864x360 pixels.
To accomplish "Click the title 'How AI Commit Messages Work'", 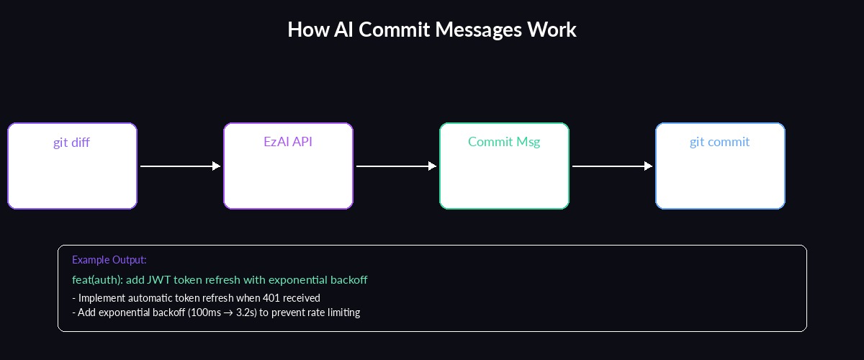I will coord(432,30).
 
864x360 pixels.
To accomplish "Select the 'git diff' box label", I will coord(71,143).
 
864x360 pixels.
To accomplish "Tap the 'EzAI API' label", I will coord(288,142).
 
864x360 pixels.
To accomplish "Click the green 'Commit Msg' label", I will coord(504,142).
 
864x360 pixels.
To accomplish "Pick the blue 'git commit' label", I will coord(719,142).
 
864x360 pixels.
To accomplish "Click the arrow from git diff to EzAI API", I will coord(180,166).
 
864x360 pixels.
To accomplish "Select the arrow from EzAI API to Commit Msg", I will coord(396,166).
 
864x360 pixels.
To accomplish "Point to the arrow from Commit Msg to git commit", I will coord(612,166).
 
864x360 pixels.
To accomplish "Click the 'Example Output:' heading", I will coord(109,260).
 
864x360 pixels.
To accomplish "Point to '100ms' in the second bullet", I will coord(207,312).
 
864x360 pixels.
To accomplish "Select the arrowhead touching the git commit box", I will coord(649,166).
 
